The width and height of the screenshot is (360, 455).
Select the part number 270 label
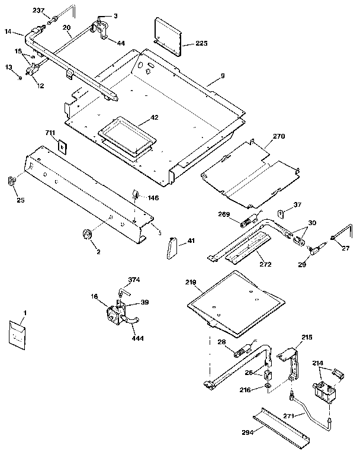pos(279,136)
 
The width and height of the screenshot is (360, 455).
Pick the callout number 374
pos(135,280)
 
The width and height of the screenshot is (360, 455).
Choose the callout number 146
pos(153,199)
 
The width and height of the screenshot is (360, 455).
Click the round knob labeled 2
pos(87,235)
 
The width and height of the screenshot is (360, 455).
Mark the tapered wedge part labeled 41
pos(172,245)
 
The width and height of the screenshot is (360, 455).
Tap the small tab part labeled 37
pos(282,214)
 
